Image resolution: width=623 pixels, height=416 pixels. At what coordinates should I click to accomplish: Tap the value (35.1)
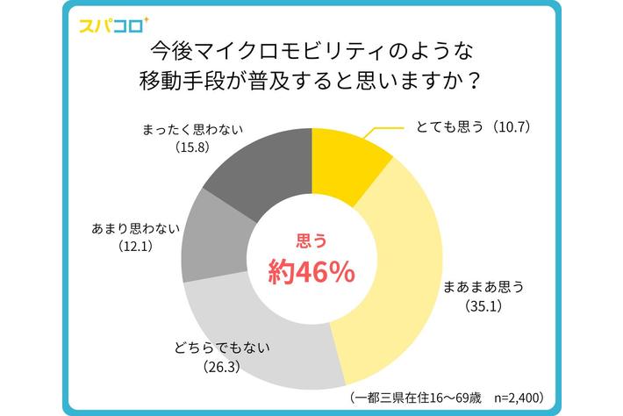(x=483, y=308)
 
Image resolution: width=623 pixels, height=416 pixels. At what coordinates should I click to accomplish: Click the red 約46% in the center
(x=311, y=272)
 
